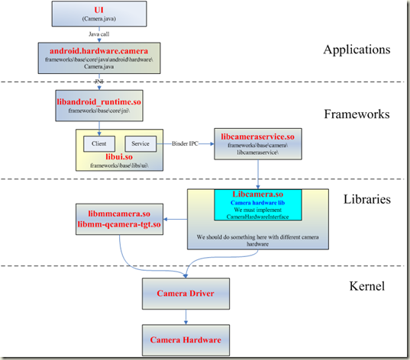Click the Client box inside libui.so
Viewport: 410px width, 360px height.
click(x=99, y=143)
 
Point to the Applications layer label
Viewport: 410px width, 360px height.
click(x=356, y=50)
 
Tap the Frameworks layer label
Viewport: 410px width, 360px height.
click(x=357, y=114)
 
